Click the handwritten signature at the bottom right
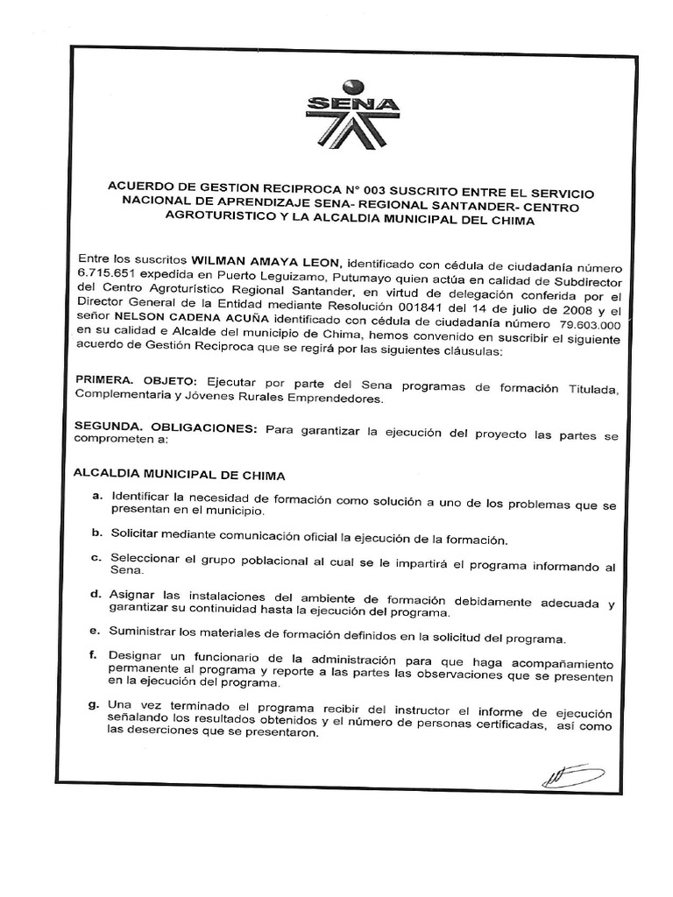pyautogui.click(x=571, y=774)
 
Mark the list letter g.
pyautogui.click(x=96, y=704)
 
